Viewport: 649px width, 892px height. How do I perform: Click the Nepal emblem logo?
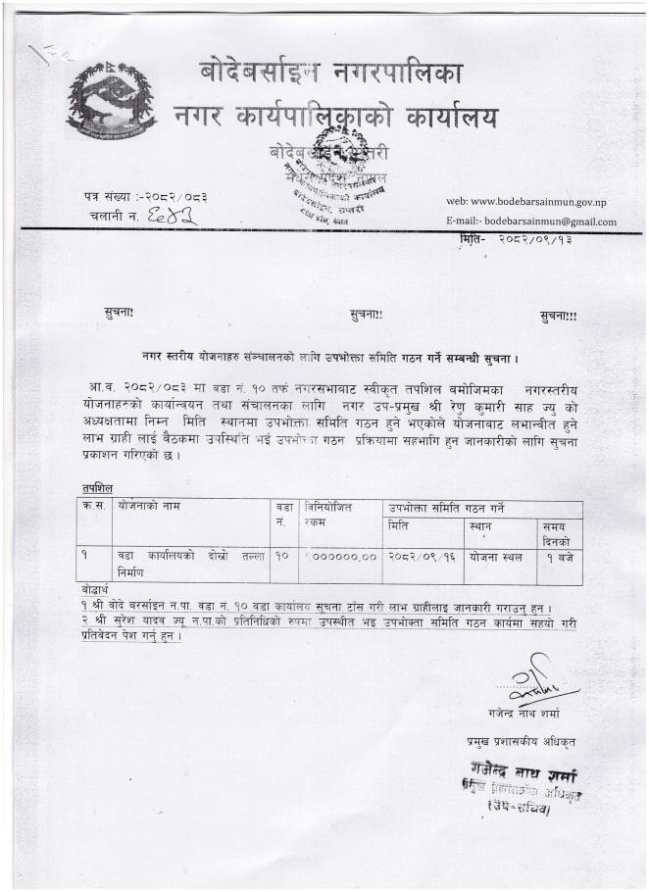[x=111, y=98]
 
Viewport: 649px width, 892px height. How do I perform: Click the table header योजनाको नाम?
[x=150, y=509]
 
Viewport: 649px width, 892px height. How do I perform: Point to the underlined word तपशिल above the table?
[x=98, y=487]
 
